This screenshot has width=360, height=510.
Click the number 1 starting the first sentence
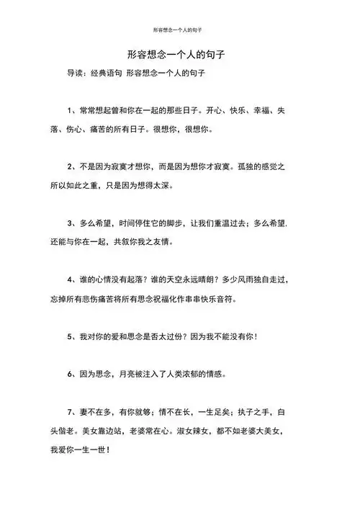71,112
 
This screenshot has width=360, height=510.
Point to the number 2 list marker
71,167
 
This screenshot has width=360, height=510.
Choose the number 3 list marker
71,223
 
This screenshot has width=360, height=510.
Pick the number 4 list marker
71,279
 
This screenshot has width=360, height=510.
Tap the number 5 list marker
71,336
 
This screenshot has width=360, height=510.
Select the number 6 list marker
71,374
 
